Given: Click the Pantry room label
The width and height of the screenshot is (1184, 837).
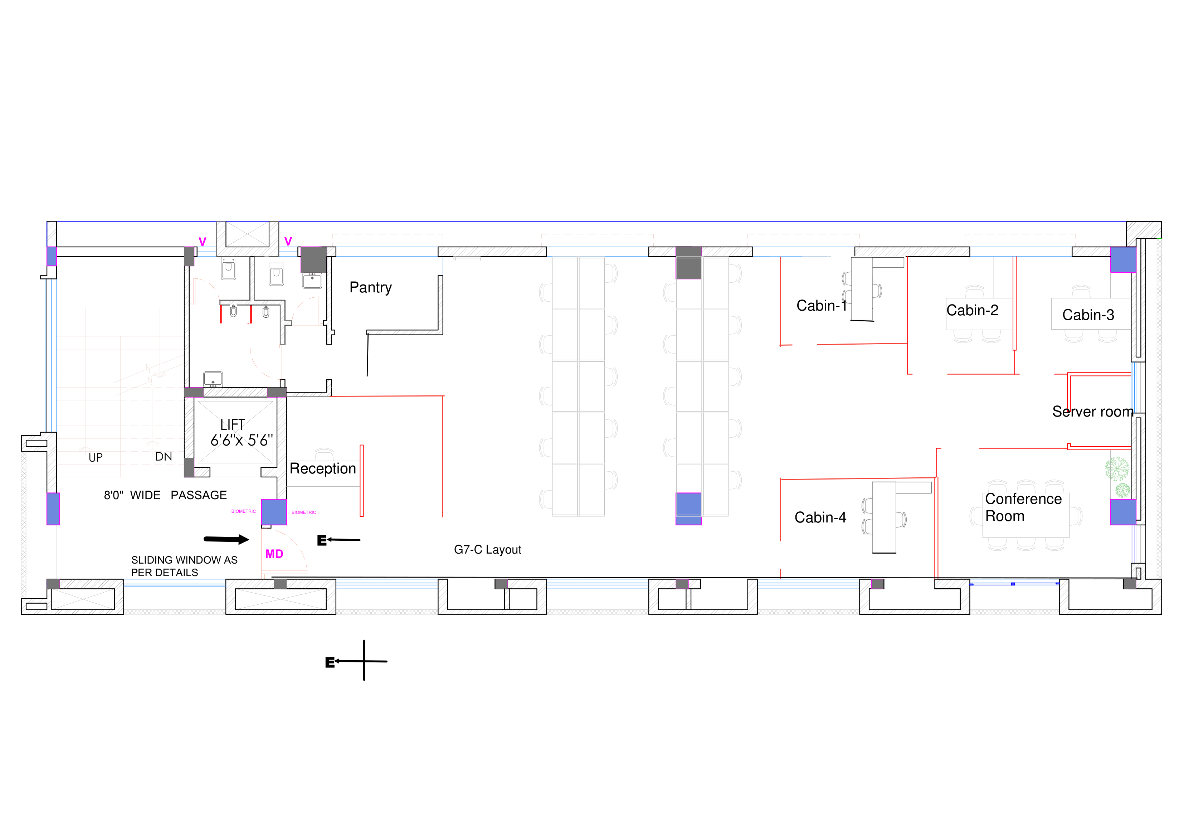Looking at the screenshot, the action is (370, 287).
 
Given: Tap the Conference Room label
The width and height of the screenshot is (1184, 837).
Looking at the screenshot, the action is (1023, 507).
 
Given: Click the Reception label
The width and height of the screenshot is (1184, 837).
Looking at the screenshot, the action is (323, 469).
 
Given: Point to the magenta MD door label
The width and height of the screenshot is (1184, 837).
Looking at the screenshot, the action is (274, 554).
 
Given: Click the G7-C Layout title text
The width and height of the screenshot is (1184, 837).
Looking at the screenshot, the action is (487, 550).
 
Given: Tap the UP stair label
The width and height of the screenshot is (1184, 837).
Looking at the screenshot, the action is (96, 457).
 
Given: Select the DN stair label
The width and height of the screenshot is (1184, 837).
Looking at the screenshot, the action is (164, 456).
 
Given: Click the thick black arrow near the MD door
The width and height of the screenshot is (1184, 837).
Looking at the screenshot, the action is (226, 539).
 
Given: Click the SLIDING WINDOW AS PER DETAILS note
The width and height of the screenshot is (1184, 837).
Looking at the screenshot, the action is (184, 566).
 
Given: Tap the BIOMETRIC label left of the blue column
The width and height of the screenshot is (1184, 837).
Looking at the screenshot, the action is (243, 511).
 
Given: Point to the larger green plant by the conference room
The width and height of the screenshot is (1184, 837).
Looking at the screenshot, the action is (1116, 469).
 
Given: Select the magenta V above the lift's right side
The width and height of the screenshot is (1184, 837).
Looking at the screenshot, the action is (288, 241).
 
